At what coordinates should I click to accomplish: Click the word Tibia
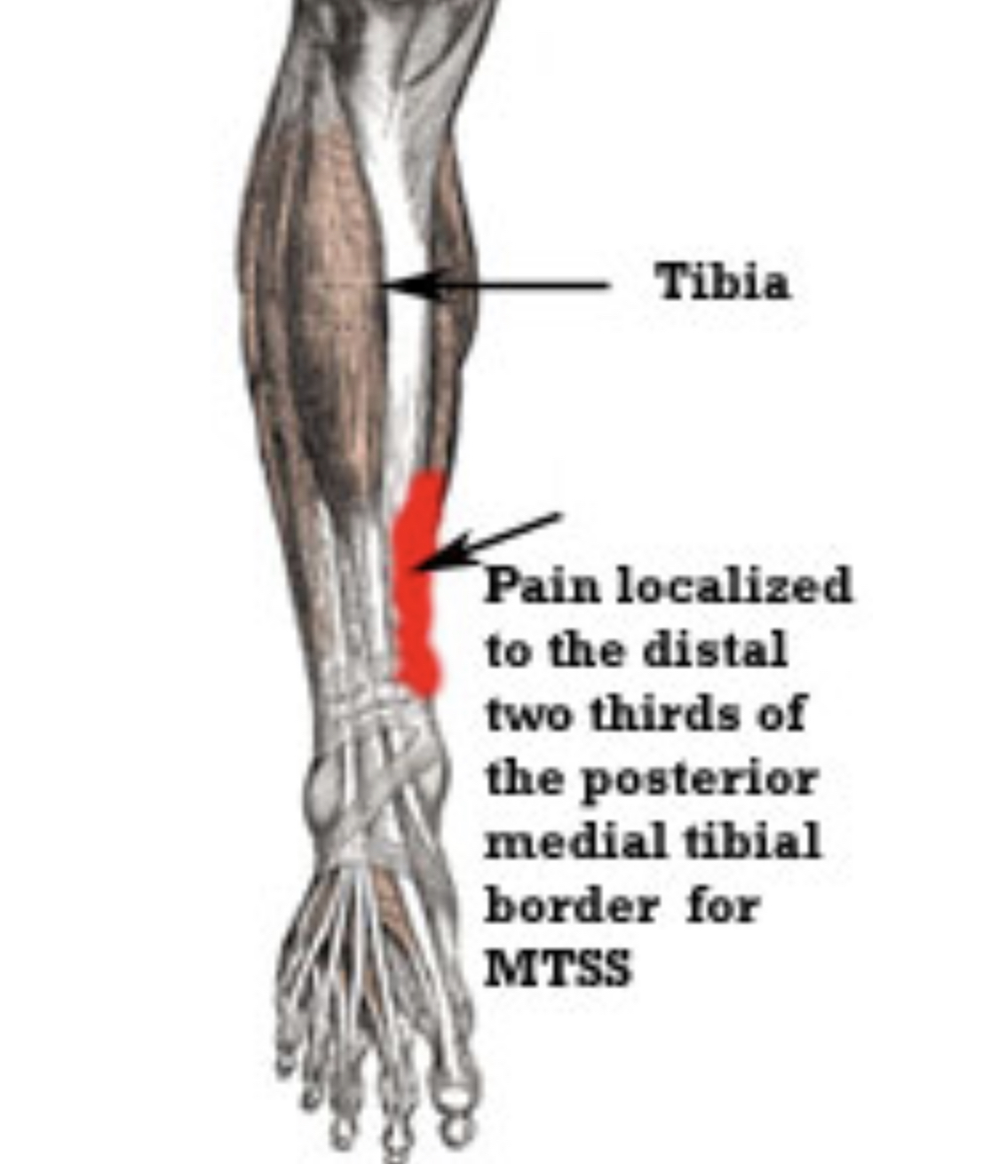722,283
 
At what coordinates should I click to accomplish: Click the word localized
733,587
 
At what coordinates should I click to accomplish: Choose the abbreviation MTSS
557,969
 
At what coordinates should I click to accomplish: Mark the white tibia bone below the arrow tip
405,373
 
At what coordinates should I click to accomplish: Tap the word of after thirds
781,715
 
